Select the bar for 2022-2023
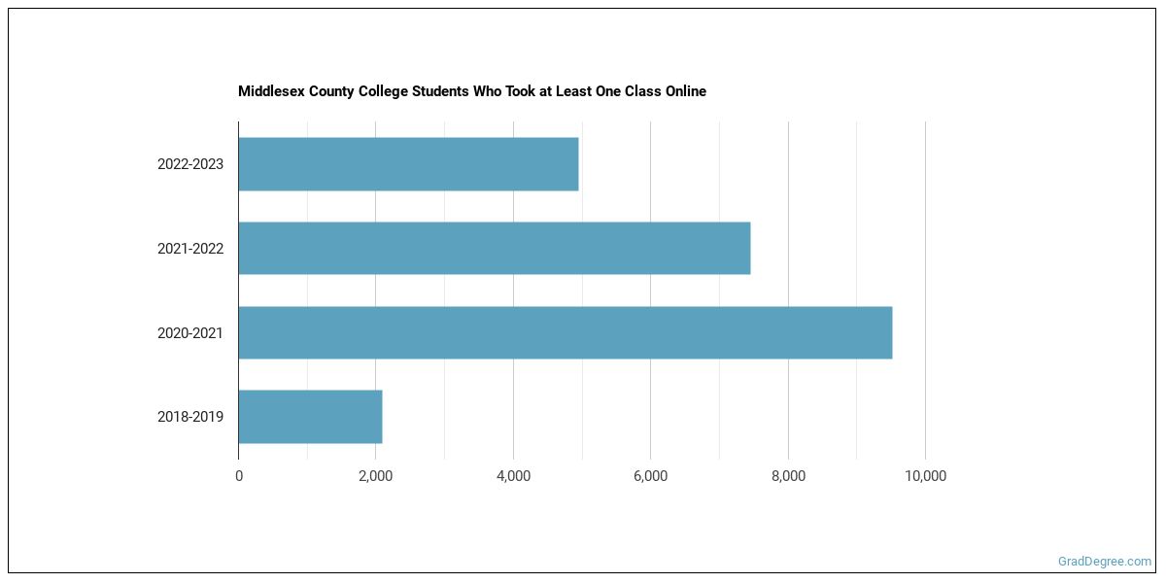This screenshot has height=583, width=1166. tap(408, 164)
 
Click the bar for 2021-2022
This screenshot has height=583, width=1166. tap(494, 248)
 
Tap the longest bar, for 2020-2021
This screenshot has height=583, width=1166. tap(565, 332)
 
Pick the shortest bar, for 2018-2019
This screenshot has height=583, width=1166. tap(310, 417)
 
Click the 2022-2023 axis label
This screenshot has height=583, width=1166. tap(190, 164)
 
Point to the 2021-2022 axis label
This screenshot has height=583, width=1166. tap(190, 249)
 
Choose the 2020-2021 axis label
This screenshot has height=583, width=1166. tap(190, 333)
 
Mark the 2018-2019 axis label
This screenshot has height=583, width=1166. tap(190, 417)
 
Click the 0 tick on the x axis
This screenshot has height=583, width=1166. tap(239, 476)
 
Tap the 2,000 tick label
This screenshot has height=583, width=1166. tap(376, 476)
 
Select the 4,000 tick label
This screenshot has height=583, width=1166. tap(513, 476)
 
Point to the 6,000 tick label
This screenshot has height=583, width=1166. tap(650, 476)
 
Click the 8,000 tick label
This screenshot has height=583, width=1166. tap(788, 476)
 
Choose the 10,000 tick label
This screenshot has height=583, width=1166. tap(925, 476)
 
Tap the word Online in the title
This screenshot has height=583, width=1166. tap(685, 91)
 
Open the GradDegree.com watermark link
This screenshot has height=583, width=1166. tap(1105, 562)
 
